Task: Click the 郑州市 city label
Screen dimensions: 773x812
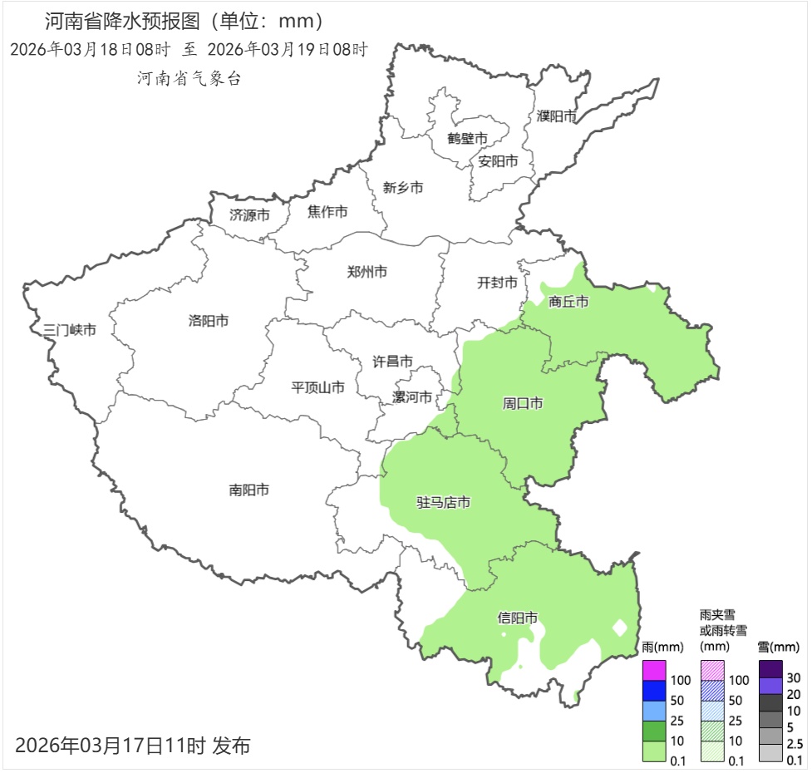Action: click(367, 272)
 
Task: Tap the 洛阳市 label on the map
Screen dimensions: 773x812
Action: click(208, 321)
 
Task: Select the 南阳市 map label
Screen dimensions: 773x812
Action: click(249, 490)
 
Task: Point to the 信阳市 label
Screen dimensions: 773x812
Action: click(517, 618)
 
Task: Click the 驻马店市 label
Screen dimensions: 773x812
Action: click(443, 503)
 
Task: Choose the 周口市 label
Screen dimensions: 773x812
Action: click(523, 403)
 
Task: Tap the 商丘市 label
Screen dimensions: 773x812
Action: click(568, 302)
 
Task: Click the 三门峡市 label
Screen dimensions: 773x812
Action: click(70, 330)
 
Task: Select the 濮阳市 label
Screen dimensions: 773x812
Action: click(556, 116)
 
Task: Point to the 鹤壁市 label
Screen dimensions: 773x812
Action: click(467, 138)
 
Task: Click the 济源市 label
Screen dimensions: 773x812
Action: click(249, 215)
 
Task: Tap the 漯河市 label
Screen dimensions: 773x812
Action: click(412, 397)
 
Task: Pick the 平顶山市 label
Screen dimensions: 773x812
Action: click(317, 387)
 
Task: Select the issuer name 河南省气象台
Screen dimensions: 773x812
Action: click(189, 79)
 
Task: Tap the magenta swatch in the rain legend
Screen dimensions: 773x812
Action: click(654, 670)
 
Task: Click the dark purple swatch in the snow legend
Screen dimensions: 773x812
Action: click(770, 669)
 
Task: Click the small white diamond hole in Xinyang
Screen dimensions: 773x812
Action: click(619, 628)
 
